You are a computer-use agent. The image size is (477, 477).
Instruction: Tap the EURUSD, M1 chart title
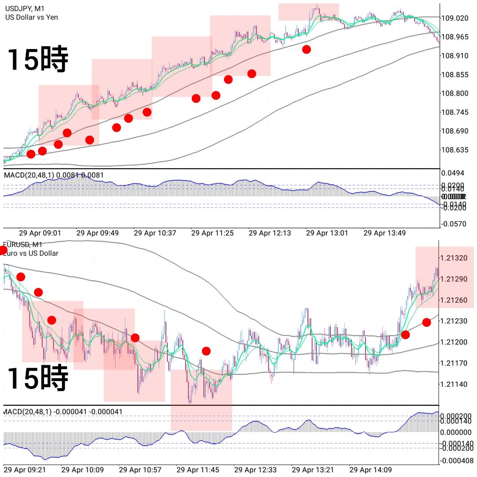[x=22, y=244]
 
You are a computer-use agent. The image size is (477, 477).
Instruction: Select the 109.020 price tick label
[x=455, y=18]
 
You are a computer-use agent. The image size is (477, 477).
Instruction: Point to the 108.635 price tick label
[x=455, y=150]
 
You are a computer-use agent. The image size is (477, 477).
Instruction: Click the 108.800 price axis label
[x=455, y=93]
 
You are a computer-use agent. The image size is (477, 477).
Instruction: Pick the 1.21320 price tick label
[x=454, y=258]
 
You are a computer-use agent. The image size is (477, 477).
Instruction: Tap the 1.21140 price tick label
[x=454, y=384]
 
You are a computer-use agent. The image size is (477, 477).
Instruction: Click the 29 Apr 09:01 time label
[x=40, y=233]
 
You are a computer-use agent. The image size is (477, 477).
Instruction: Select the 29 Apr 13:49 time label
[x=385, y=233]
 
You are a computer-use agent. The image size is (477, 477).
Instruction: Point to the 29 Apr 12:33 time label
[x=255, y=470]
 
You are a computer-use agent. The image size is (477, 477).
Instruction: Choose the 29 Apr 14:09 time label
[x=370, y=470]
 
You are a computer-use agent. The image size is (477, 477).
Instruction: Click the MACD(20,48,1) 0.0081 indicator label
[x=54, y=175]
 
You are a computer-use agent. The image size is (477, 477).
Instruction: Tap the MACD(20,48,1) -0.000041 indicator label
[x=63, y=412]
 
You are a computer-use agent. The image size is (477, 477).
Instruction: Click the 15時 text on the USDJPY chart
[x=38, y=59]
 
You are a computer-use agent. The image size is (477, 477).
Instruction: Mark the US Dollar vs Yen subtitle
[x=32, y=17]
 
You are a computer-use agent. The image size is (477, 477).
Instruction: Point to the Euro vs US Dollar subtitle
[x=31, y=253]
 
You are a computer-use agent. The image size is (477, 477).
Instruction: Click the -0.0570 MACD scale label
[x=454, y=224]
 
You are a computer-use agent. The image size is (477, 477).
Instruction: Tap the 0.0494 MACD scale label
[x=453, y=173]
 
